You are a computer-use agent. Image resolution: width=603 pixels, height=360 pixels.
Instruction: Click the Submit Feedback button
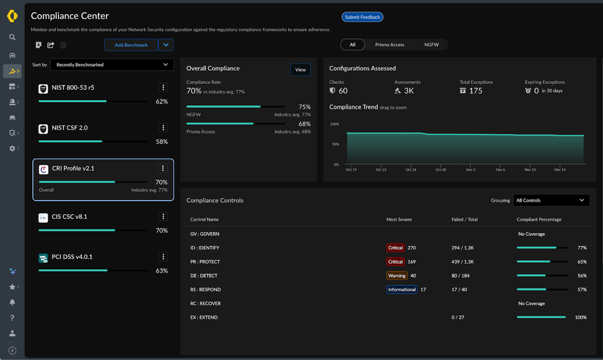[x=362, y=17]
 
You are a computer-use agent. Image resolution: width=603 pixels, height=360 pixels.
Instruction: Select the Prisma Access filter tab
[x=389, y=45]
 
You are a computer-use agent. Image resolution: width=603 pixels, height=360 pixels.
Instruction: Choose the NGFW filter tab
[x=431, y=45]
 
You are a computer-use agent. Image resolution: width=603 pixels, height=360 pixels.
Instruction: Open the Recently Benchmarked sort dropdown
[x=112, y=65]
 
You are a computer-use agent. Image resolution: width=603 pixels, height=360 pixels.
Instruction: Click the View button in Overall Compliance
[x=300, y=70]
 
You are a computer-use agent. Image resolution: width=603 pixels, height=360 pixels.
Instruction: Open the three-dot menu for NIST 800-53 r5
[x=163, y=88]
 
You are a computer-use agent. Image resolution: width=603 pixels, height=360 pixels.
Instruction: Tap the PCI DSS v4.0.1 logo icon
[x=43, y=258]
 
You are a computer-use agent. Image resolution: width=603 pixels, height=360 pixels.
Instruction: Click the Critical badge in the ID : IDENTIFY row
[x=395, y=248]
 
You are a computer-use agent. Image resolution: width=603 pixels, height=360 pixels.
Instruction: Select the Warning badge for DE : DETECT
[x=397, y=275]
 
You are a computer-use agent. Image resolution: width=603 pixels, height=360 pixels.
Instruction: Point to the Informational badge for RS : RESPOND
[x=401, y=289]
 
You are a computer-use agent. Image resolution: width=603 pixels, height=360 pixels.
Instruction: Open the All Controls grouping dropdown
[x=550, y=201]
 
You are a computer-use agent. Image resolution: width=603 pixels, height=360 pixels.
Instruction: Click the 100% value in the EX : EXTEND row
[x=581, y=317]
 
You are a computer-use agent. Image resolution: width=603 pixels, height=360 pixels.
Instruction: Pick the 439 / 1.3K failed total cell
[x=463, y=262]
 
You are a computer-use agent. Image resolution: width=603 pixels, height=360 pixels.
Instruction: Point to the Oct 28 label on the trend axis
[x=410, y=170]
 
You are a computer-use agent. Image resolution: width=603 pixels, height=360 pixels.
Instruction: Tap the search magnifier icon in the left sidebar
[x=12, y=37]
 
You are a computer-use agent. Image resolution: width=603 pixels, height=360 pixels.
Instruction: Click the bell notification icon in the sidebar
[x=12, y=303]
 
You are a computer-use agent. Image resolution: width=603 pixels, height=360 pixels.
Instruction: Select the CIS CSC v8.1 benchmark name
[x=69, y=216]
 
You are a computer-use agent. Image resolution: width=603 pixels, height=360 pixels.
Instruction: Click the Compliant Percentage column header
[x=538, y=219]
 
